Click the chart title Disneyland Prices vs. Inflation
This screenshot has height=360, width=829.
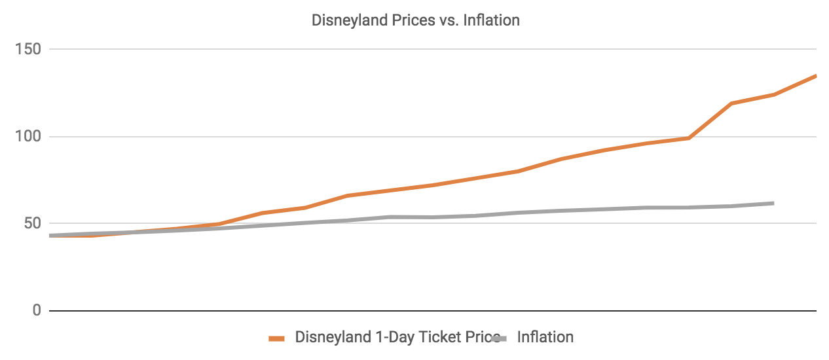point(415,20)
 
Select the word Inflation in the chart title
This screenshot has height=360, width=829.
point(491,20)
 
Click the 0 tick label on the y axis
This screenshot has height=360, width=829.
point(37,310)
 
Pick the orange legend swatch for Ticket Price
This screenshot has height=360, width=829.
point(277,338)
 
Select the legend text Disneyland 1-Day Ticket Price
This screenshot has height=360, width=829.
point(393,338)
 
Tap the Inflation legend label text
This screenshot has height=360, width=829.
point(545,338)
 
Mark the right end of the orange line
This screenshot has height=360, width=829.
point(816,76)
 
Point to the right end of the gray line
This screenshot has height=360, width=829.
point(773,204)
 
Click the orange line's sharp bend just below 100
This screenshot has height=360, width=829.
point(689,138)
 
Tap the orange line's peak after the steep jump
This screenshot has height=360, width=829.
point(731,103)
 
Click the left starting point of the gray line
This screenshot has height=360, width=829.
point(50,236)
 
